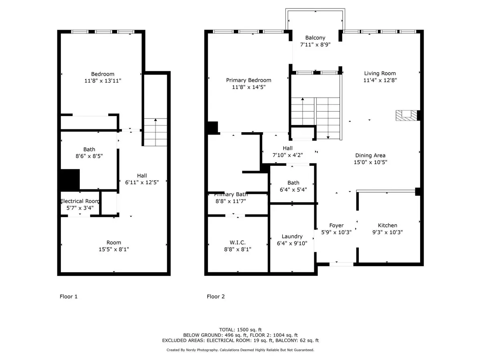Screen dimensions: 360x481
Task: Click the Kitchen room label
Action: point(388,225)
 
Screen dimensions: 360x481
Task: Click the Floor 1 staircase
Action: point(155,132)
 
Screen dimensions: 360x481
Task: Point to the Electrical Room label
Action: point(80,201)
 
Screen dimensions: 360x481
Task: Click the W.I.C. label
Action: point(238,242)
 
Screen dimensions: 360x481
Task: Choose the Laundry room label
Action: point(292,236)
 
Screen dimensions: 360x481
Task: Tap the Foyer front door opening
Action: point(342,264)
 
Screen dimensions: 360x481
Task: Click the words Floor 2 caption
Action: point(216,297)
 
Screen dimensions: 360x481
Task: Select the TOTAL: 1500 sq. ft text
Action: point(240,329)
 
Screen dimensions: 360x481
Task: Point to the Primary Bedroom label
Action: point(249,80)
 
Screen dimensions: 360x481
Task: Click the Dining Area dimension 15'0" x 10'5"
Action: point(370,162)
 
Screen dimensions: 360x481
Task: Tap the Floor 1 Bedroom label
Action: point(103,74)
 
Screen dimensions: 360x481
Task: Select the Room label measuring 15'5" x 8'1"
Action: point(114,242)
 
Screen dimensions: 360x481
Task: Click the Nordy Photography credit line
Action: point(240,350)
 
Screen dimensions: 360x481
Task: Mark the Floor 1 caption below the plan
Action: point(69,297)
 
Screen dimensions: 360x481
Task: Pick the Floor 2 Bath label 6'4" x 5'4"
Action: point(293,183)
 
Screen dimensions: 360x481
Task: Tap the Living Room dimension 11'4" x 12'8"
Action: point(380,80)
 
